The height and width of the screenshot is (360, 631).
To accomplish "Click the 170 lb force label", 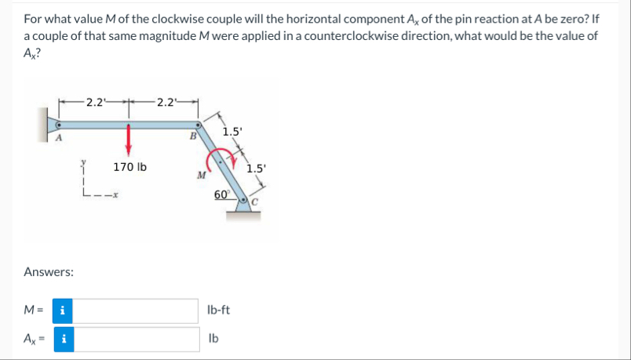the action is (x=130, y=167).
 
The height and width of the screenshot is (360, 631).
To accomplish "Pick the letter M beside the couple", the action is (x=202, y=175).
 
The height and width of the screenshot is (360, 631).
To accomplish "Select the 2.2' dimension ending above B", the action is (x=167, y=101).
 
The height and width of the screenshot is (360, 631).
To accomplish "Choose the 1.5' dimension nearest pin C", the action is (x=257, y=167).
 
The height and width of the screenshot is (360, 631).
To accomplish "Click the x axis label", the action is (x=115, y=194).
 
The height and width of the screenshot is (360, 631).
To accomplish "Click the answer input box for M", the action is (x=137, y=311).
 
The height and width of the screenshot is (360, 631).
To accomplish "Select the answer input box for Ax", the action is (x=137, y=340).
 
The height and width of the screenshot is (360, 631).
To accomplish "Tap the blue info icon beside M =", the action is (x=62, y=311).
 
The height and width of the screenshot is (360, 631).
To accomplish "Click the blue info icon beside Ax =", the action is (x=62, y=340).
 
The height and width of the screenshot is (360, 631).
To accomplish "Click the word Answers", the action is (x=49, y=272).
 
